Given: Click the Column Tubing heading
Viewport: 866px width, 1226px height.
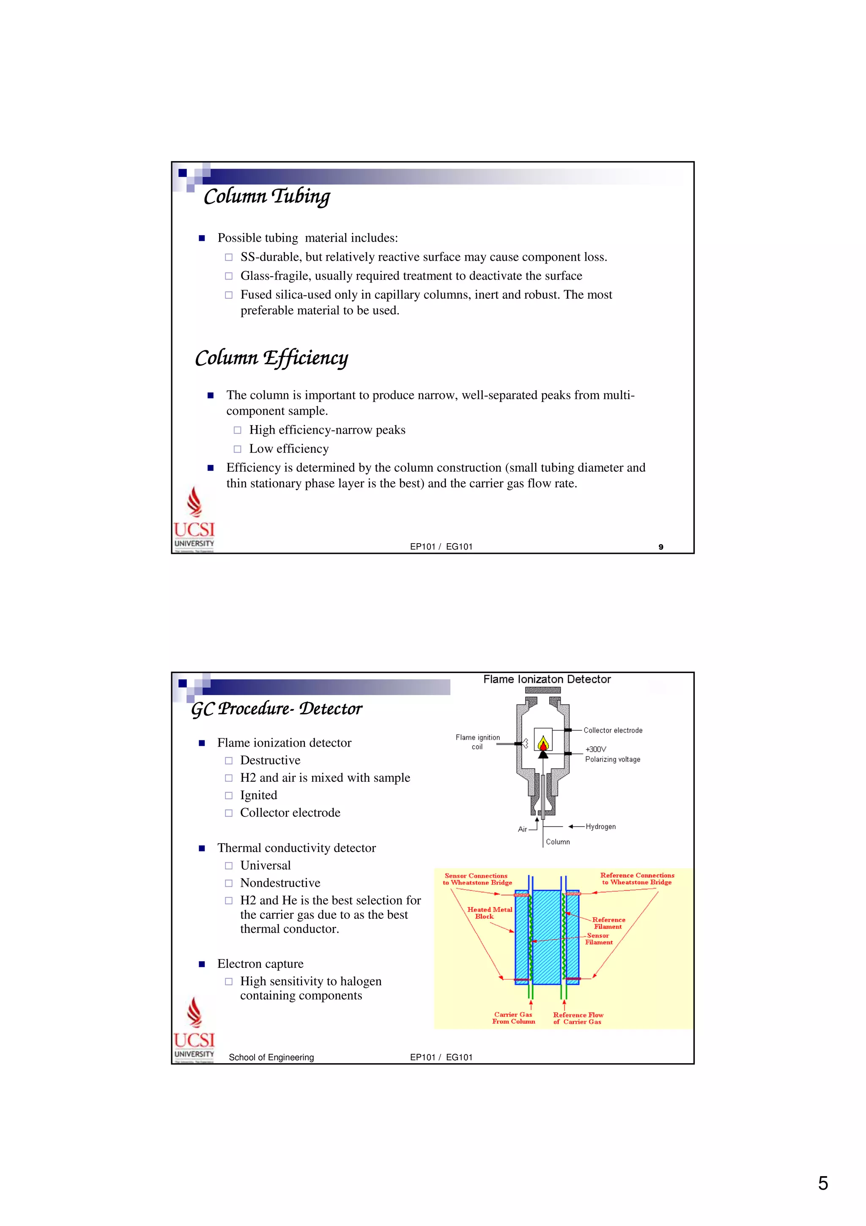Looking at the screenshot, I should click(x=267, y=196).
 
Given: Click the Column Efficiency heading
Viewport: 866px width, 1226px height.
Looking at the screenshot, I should click(x=271, y=358).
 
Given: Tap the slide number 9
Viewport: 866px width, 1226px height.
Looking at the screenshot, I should click(x=660, y=547).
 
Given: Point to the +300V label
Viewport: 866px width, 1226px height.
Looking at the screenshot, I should click(x=595, y=749).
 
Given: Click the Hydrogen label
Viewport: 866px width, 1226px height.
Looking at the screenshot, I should click(x=600, y=827).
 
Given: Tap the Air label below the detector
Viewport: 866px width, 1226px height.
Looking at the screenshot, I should click(x=522, y=829).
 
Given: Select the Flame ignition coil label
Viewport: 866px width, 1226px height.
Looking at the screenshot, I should click(x=477, y=742).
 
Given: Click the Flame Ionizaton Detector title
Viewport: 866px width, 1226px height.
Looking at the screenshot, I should click(x=547, y=679).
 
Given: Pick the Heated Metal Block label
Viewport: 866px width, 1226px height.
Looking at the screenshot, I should click(x=489, y=913).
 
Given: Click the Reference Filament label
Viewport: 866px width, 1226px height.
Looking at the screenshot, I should click(x=608, y=923).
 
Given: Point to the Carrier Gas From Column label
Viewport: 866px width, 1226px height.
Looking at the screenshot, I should click(x=513, y=1018).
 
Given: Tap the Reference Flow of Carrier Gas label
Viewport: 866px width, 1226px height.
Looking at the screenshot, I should click(x=578, y=1018).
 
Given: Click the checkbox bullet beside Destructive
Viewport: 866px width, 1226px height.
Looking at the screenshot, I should click(x=228, y=760).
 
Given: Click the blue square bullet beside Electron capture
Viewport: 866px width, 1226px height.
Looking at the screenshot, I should click(x=202, y=964).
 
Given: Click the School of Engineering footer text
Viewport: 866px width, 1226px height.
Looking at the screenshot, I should click(x=271, y=1057).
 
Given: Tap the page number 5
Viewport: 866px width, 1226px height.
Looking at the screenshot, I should click(x=823, y=1183).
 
